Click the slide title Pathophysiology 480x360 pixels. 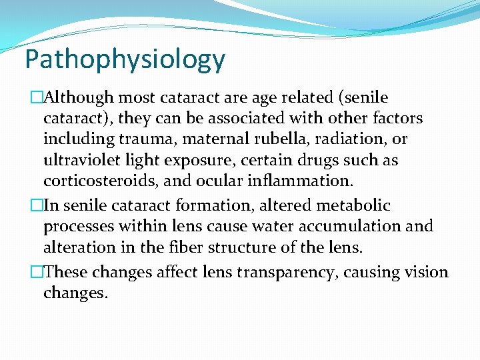[125, 60]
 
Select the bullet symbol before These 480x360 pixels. [37, 273]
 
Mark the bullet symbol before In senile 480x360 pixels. [37, 206]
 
